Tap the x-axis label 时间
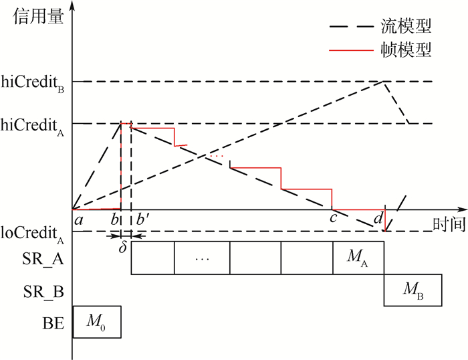pyautogui.click(x=449, y=223)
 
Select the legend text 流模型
pyautogui.click(x=406, y=26)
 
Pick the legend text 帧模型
pyautogui.click(x=406, y=50)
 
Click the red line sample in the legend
pyautogui.click(x=351, y=50)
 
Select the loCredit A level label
pyautogui.click(x=32, y=234)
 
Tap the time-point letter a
pyautogui.click(x=78, y=220)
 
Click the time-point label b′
pyautogui.click(x=143, y=219)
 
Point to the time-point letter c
pyautogui.click(x=334, y=218)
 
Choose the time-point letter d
pyautogui.click(x=378, y=218)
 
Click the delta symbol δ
pyautogui.click(x=122, y=247)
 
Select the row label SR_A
pyautogui.click(x=43, y=259)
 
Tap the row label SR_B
pyautogui.click(x=43, y=291)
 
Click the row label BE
pyautogui.click(x=53, y=323)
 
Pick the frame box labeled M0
pyautogui.click(x=97, y=322)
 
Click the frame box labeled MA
pyautogui.click(x=358, y=258)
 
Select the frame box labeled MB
pyautogui.click(x=413, y=290)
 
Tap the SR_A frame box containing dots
pyautogui.click(x=202, y=258)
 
